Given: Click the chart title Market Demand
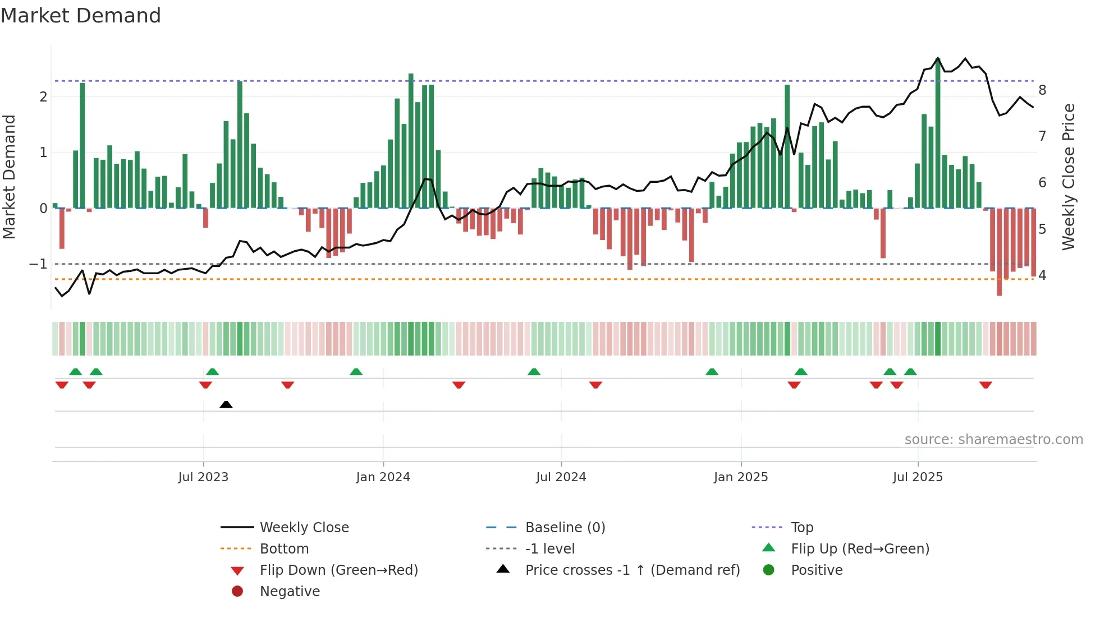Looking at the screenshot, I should pyautogui.click(x=81, y=16).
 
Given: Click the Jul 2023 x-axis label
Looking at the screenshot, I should pyautogui.click(x=203, y=477).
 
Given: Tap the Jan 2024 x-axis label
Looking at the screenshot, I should pyautogui.click(x=383, y=477).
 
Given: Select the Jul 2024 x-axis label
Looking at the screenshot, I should pyautogui.click(x=561, y=477).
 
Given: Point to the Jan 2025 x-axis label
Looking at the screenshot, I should pyautogui.click(x=740, y=477).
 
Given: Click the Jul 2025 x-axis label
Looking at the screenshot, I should pyautogui.click(x=918, y=477).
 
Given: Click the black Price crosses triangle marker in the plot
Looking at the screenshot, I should pyautogui.click(x=226, y=404).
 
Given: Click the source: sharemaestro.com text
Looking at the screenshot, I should pyautogui.click(x=993, y=440).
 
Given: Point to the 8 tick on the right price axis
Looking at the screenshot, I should pyautogui.click(x=1042, y=90).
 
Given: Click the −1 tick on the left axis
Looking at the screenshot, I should pyautogui.click(x=39, y=264).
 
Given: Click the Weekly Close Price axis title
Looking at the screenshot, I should pyautogui.click(x=1069, y=177).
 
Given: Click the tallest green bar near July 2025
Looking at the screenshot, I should pyautogui.click(x=938, y=135).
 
